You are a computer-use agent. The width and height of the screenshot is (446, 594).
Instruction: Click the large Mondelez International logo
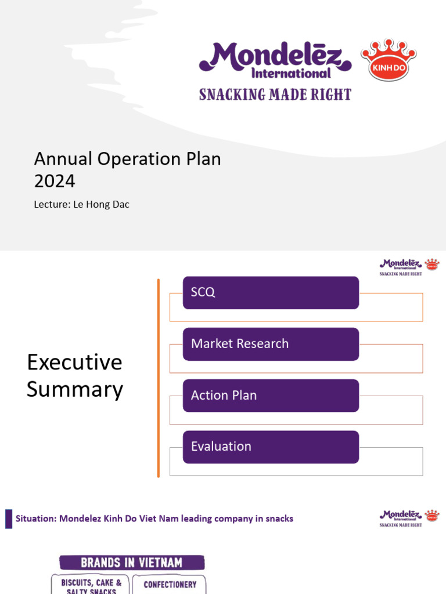coord(275,60)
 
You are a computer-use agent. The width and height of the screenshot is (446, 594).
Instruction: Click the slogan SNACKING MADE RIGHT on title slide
coord(275,94)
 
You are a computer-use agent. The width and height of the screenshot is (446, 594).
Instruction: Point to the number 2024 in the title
coord(55,182)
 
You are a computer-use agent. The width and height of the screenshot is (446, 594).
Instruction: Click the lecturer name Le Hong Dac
coord(102,205)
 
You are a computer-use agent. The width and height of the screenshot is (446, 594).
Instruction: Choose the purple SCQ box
coord(271,292)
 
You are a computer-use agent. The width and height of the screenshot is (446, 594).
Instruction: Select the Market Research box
coord(271,343)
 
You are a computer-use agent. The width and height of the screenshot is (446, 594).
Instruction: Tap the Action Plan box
coord(271,395)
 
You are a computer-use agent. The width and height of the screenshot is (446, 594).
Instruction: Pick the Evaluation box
coord(271,447)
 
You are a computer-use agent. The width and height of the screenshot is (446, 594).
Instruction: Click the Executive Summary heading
coord(75,375)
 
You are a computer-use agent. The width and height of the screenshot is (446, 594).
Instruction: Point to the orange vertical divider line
coord(158,378)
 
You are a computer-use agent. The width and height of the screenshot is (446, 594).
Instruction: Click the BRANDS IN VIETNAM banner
coord(132,562)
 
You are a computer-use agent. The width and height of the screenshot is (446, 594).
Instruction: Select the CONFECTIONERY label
coord(170,585)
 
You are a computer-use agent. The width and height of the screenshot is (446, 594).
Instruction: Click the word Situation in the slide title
coord(35,519)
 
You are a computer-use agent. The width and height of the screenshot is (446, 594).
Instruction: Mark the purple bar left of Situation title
coord(9,519)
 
